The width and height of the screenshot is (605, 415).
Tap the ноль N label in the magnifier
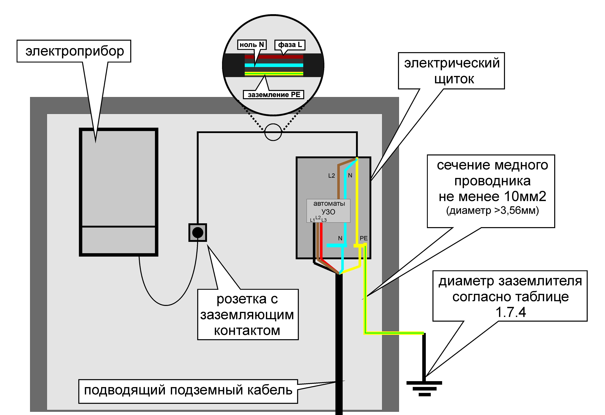(252, 45)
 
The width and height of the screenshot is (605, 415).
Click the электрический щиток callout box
(452, 71)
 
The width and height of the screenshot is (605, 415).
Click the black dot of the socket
(198, 233)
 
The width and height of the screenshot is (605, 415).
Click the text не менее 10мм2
(492, 196)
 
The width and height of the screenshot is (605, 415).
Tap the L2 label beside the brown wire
(331, 176)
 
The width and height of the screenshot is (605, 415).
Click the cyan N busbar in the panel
(337, 245)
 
